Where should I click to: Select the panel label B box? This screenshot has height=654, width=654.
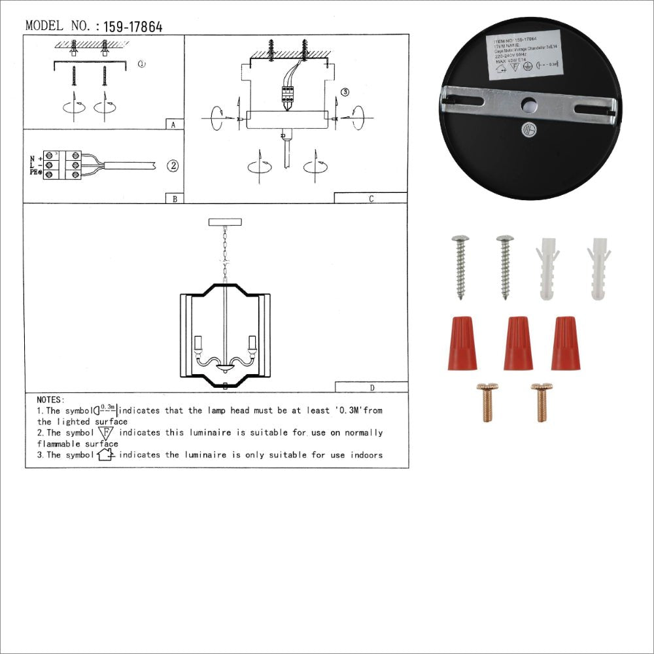click(x=173, y=198)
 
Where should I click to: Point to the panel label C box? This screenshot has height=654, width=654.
click(x=370, y=198)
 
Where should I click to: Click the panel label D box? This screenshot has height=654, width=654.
click(x=371, y=387)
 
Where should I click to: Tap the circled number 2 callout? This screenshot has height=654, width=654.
click(x=172, y=165)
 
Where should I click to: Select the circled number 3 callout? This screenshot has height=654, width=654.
click(x=345, y=92)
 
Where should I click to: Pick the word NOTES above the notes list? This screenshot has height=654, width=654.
click(x=51, y=399)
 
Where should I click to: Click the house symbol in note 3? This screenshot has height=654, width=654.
click(x=105, y=455)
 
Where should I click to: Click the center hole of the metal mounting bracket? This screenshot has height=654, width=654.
click(x=529, y=103)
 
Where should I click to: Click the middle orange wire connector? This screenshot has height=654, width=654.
click(x=519, y=343)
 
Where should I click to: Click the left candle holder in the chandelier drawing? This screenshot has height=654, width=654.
click(x=197, y=345)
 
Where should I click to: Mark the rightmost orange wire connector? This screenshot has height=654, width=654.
click(x=565, y=343)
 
